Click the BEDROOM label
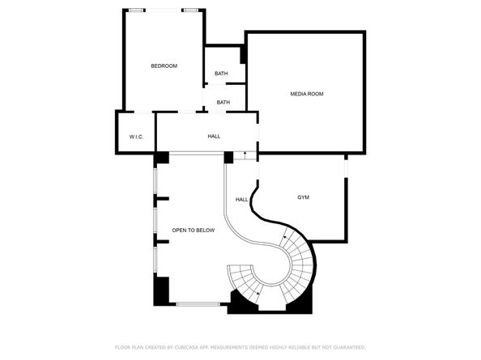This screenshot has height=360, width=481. [x=164, y=66]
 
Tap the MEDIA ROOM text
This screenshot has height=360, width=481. [x=307, y=94]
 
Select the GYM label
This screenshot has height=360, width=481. [x=303, y=197]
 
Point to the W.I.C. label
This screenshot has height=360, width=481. [x=136, y=137]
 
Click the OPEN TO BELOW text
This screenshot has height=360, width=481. [x=193, y=231]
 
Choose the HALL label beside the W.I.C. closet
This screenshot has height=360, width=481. [x=214, y=136]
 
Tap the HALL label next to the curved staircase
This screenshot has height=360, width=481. [x=241, y=199]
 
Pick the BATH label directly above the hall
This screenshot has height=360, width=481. [x=223, y=102]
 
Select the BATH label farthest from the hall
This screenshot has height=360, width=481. [x=221, y=74]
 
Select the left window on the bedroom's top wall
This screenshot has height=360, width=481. [x=136, y=11]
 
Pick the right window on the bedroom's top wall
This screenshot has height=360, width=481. [x=190, y=11]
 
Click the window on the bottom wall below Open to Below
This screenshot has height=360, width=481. [x=198, y=304]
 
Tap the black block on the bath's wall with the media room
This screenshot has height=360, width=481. [x=243, y=55]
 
